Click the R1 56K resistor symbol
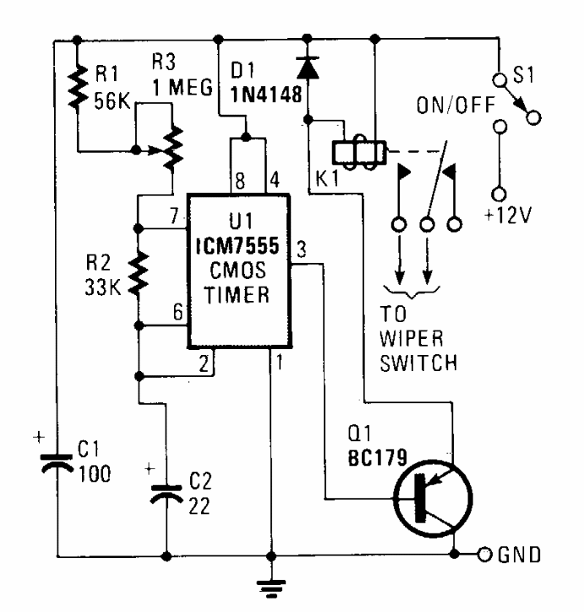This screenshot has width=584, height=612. (78, 86)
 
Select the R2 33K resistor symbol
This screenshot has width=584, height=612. (139, 273)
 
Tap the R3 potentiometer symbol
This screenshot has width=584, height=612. (172, 148)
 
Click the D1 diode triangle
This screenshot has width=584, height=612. (308, 68)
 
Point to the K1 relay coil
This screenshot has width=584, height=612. (359, 153)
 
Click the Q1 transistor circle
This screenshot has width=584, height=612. (433, 498)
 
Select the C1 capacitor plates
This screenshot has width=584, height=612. (57, 463)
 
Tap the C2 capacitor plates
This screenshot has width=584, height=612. (166, 495)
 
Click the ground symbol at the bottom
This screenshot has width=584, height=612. (271, 588)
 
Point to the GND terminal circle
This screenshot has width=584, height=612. (485, 555)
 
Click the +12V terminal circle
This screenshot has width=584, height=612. (499, 194)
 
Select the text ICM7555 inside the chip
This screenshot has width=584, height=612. (237, 246)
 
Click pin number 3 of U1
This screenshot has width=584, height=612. (301, 250)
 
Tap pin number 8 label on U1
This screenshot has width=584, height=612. (240, 181)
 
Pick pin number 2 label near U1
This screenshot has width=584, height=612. (204, 364)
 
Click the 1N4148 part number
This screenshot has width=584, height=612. (266, 94)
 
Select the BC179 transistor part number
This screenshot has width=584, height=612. (377, 457)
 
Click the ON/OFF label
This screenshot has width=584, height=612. (456, 105)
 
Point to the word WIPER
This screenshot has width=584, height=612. (412, 338)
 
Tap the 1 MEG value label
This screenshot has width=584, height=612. (183, 87)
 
